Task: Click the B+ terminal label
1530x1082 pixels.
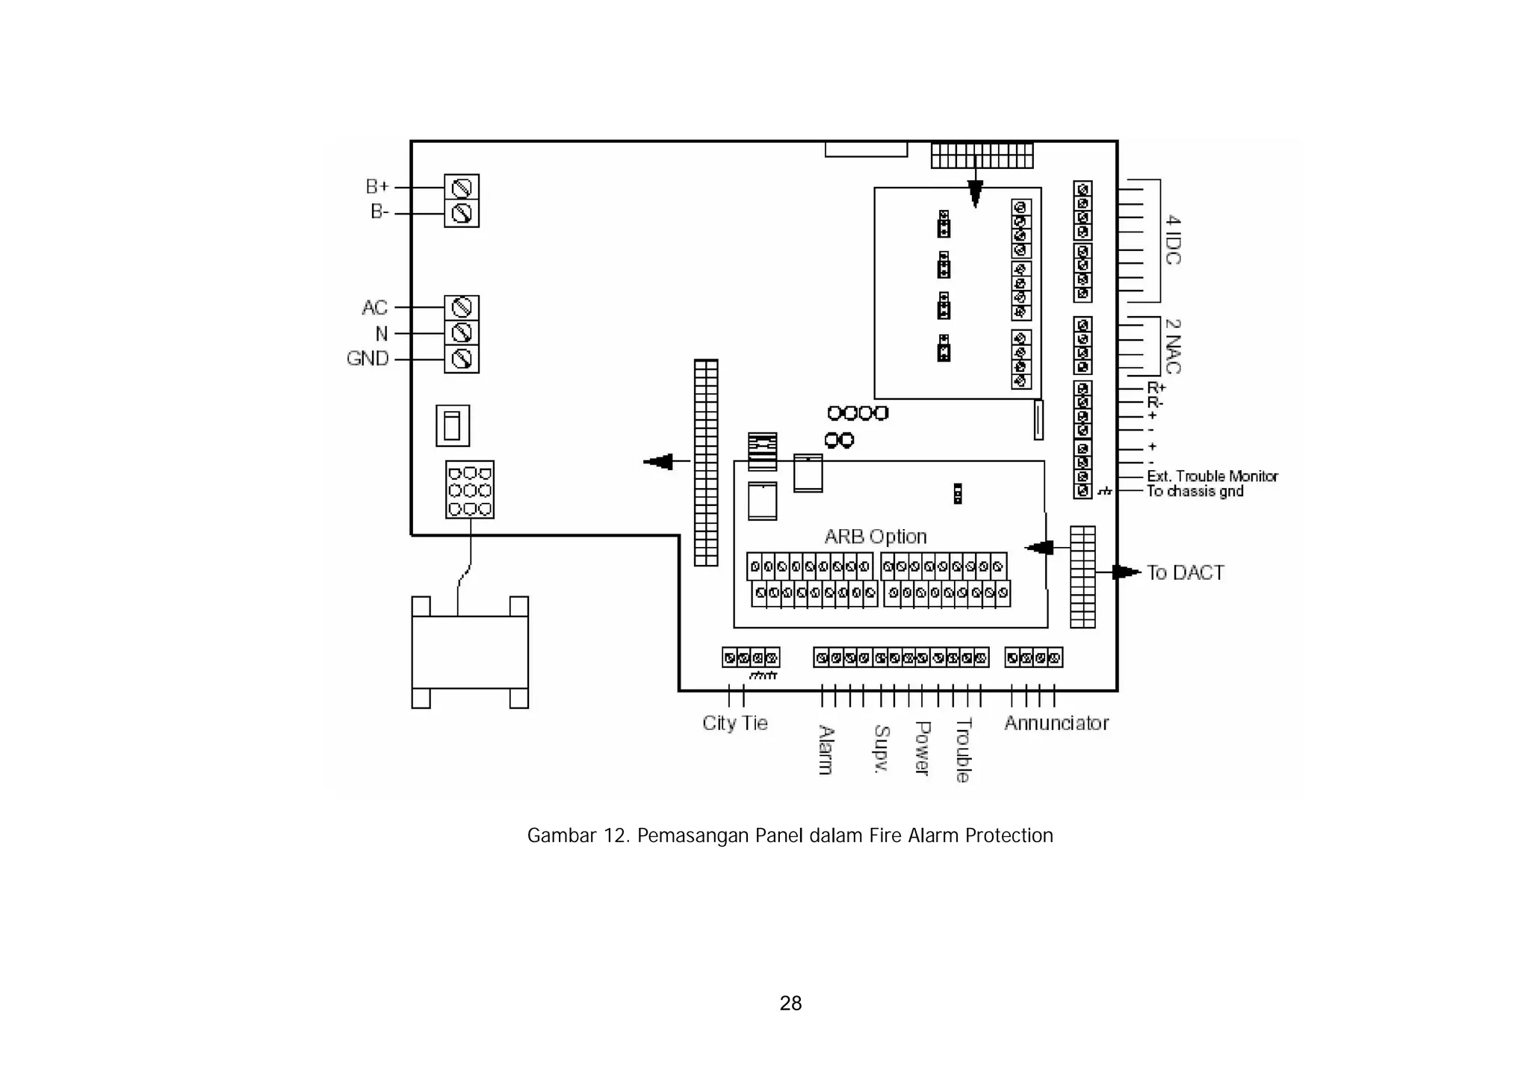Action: pos(377,186)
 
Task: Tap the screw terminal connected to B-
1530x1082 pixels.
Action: pos(462,214)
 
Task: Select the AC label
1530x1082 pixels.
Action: pos(375,307)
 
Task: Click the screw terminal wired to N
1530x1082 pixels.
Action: pos(462,333)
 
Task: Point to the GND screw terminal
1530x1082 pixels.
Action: pos(462,359)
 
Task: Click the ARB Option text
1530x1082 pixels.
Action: pos(876,537)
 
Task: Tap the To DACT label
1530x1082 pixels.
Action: pos(1186,572)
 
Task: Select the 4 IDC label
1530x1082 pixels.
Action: pos(1173,240)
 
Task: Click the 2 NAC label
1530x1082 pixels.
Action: pos(1173,346)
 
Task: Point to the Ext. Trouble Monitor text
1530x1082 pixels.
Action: pos(1212,476)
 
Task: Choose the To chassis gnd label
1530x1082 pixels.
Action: pos(1195,491)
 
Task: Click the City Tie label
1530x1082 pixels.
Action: pos(735,723)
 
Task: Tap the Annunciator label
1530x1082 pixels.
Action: pos(1056,723)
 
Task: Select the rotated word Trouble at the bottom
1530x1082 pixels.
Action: pos(963,749)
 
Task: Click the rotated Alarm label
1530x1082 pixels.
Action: pos(826,749)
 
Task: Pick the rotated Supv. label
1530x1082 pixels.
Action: pos(882,748)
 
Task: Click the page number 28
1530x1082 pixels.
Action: pos(790,1003)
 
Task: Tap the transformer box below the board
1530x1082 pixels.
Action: pos(470,652)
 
